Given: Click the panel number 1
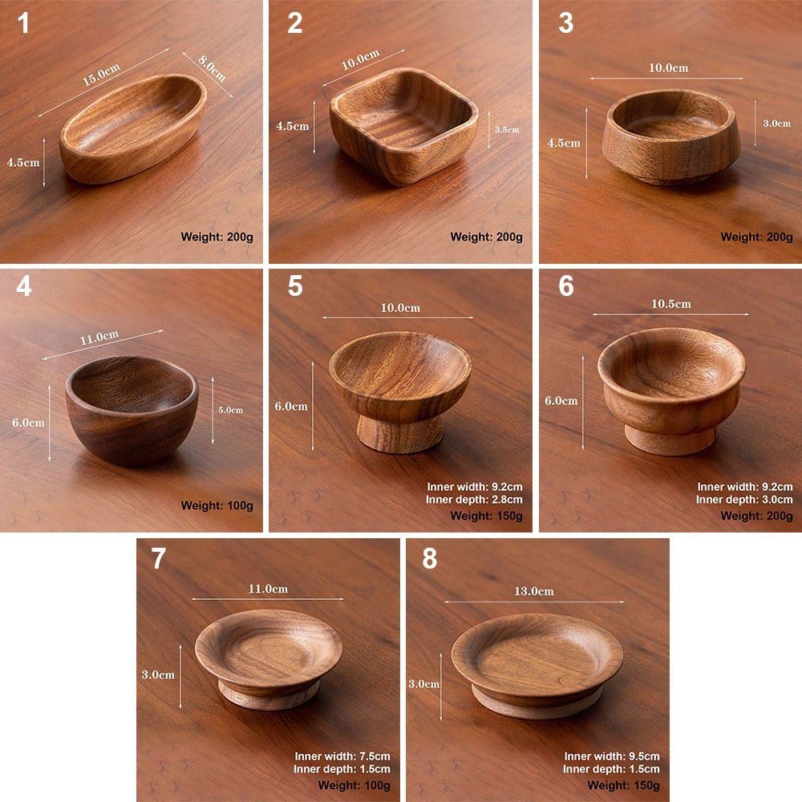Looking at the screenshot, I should [23, 23].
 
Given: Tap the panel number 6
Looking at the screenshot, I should [566, 286].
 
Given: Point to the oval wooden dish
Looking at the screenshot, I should [133, 128].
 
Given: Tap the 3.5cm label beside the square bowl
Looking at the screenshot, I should [507, 129].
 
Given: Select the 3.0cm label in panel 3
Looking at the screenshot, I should [776, 124].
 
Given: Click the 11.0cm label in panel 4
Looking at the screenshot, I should [99, 338].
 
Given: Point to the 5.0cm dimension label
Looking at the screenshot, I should [231, 410].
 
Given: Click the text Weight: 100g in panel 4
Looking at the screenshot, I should [217, 505].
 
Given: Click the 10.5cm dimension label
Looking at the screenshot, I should [670, 304].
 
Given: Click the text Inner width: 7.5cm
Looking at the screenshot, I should [342, 756].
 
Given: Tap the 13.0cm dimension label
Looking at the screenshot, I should [533, 591].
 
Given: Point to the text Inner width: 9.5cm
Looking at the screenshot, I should [612, 756].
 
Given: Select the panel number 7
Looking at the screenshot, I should [158, 559].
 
